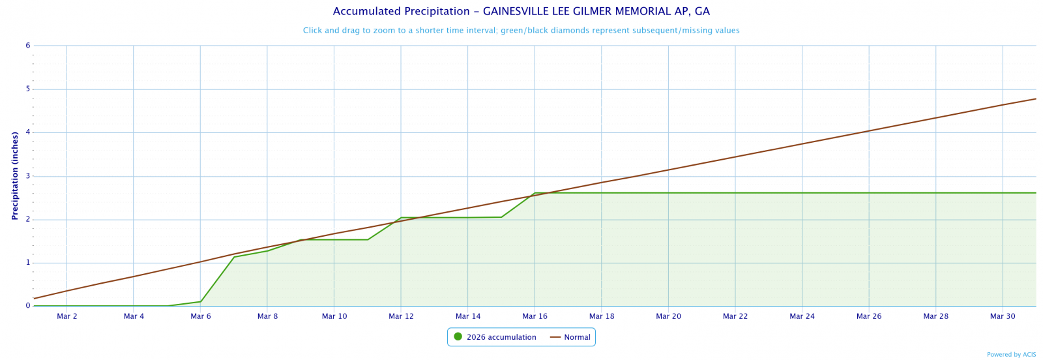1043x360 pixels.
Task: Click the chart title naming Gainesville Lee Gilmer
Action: pos(521,12)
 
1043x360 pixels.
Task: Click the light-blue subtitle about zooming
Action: pos(521,31)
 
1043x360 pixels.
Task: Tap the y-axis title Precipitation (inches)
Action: pos(14,175)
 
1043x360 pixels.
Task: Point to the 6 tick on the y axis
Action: pos(28,46)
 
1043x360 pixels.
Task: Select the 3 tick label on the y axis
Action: pos(28,176)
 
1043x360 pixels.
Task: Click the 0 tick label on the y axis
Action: pos(28,306)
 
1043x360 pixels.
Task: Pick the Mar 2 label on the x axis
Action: pos(67,316)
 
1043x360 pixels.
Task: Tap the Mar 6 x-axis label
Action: pos(201,316)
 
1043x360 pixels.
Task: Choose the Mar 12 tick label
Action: pos(401,316)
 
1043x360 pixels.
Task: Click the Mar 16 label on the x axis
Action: pos(535,316)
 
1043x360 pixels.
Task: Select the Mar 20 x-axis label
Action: pos(668,316)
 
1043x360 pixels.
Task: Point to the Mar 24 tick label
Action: pos(802,316)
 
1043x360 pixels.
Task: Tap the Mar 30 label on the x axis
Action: pos(1003,316)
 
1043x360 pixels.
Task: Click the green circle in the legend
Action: pos(458,337)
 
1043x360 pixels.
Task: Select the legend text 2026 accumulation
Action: pos(501,337)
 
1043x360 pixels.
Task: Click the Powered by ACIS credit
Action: pos(1011,355)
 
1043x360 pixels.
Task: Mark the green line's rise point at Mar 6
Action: pos(201,301)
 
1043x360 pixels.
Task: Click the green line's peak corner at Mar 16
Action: pos(535,193)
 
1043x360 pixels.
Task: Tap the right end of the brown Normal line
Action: pos(1035,99)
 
